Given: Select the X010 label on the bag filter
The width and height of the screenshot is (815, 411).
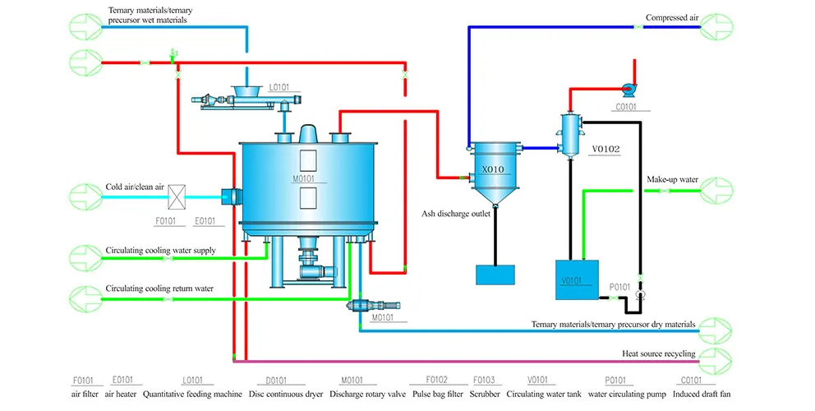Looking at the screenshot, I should point(493,169).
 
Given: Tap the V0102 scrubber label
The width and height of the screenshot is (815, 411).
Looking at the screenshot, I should point(605,150).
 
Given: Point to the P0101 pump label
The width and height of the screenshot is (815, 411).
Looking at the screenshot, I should point(619,286).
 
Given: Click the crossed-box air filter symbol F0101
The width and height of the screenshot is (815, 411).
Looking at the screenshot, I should point(176,196).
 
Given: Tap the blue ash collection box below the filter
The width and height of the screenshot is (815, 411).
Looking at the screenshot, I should point(496,275).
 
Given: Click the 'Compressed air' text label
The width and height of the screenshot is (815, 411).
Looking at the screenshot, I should point(672,17).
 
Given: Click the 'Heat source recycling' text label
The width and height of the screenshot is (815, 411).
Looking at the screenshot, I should point(658,354).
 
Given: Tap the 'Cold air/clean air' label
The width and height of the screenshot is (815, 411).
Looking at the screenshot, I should point(136,187).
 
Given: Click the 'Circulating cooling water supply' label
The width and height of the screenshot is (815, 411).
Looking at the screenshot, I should point(161,250).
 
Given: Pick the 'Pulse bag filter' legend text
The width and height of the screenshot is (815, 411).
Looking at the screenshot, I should point(435,395).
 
